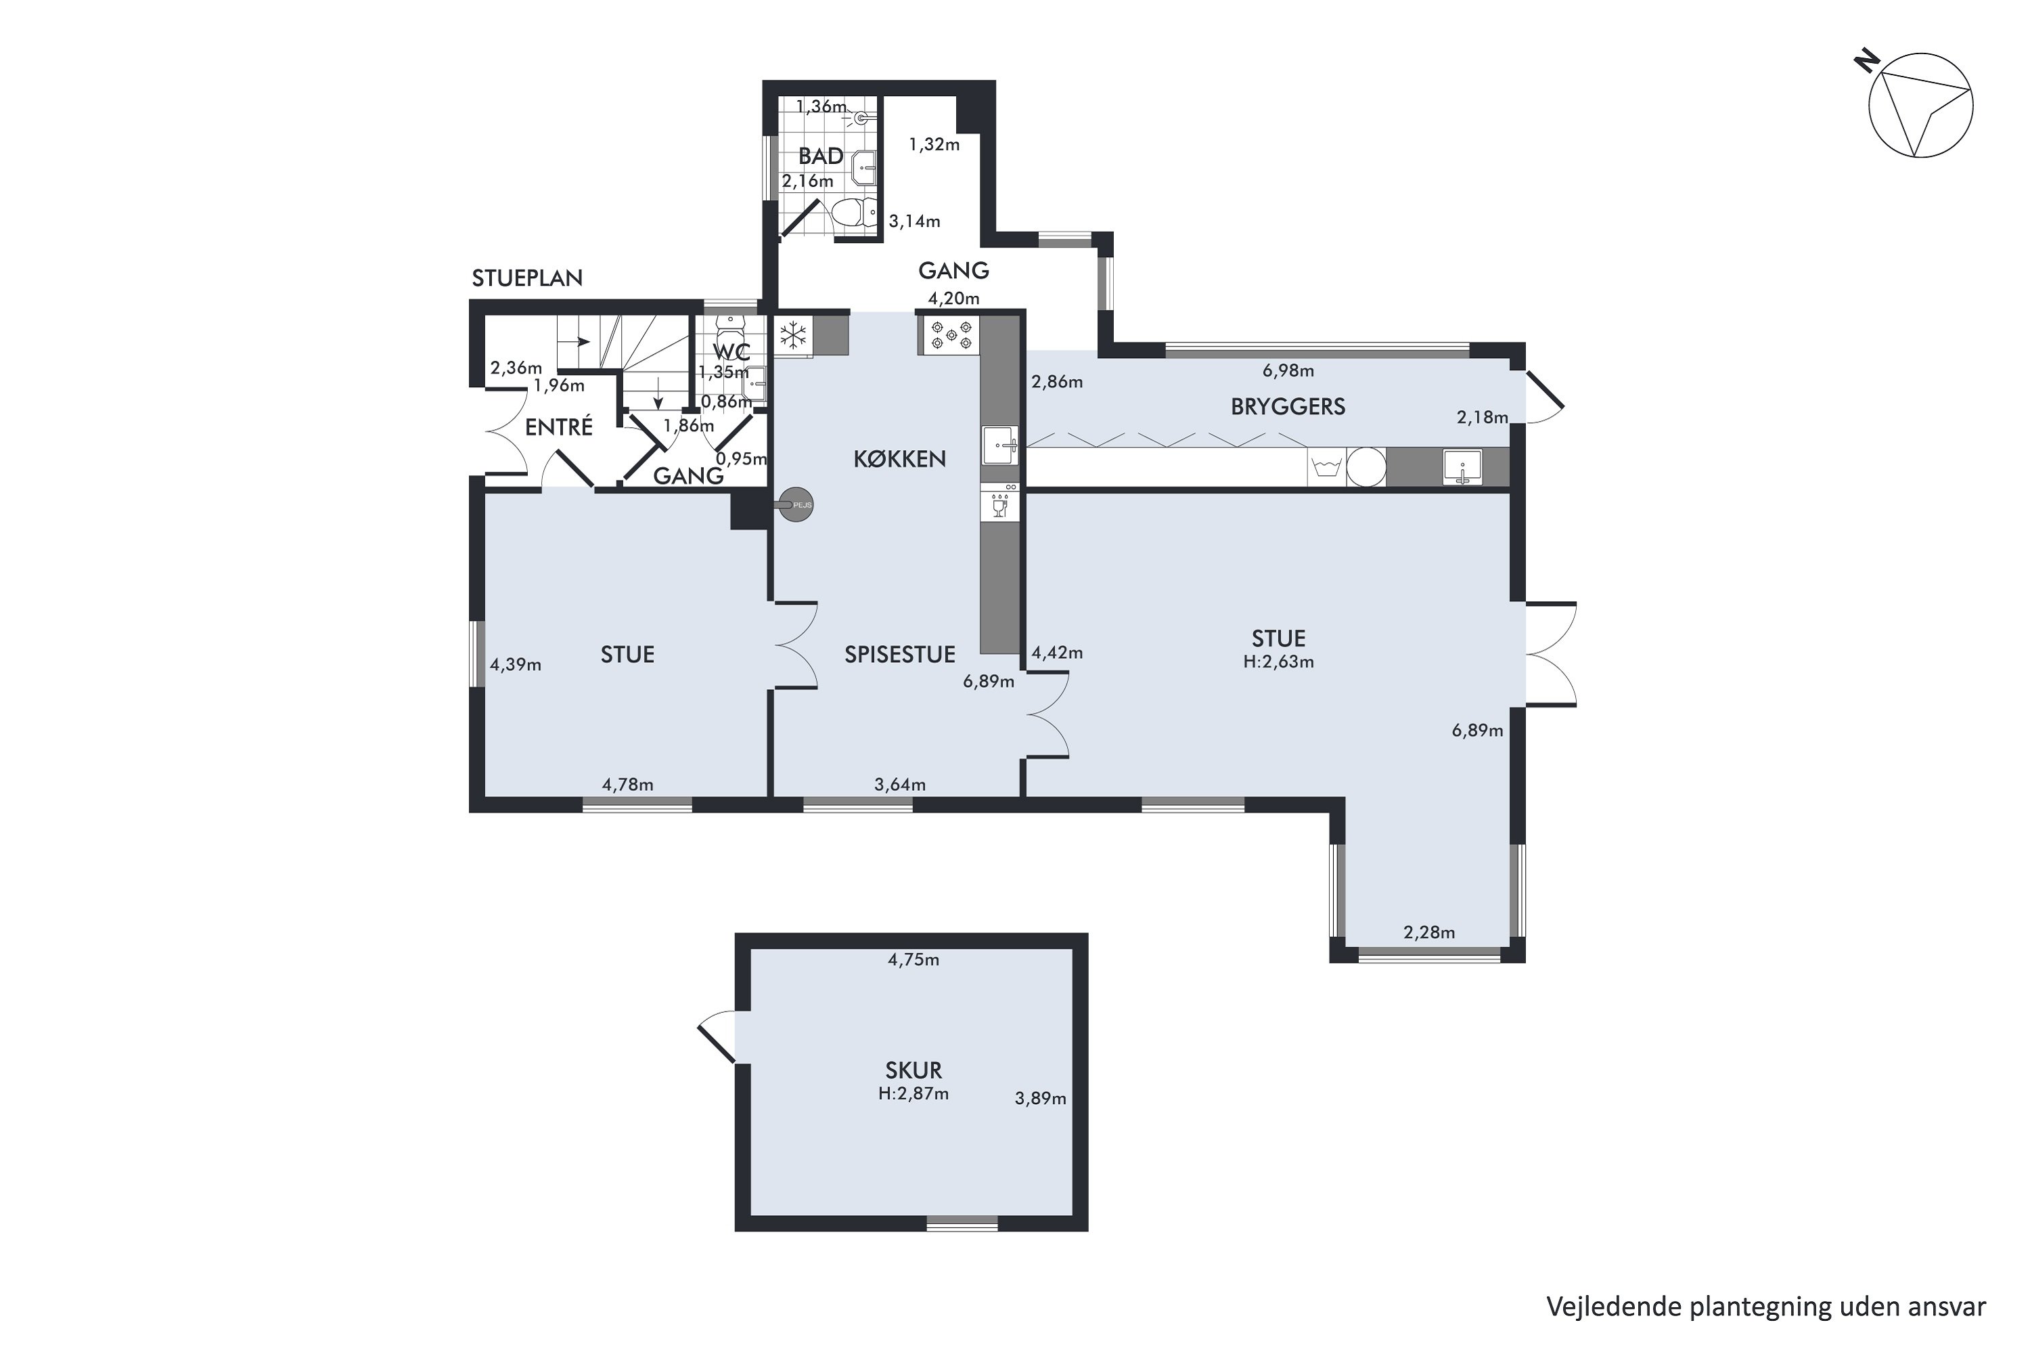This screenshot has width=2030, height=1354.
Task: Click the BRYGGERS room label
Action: tap(1287, 407)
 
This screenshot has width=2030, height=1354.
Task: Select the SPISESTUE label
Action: tap(899, 655)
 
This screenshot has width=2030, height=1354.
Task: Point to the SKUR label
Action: tap(913, 1070)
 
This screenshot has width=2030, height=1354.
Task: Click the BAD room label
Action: tap(821, 156)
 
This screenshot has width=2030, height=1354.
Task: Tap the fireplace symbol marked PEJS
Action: tap(795, 505)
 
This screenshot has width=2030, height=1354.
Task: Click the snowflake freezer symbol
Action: tap(792, 335)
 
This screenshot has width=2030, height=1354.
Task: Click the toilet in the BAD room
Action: tap(853, 213)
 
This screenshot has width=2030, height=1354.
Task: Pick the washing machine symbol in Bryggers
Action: tap(1326, 467)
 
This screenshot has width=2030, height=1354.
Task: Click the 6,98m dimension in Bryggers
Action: tap(1288, 371)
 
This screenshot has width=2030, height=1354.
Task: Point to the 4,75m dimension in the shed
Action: tap(913, 959)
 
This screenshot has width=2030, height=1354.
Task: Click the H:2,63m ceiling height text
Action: tap(1278, 662)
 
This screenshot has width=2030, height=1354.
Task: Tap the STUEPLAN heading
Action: tap(526, 278)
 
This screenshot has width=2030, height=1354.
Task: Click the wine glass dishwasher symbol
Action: tap(999, 505)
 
